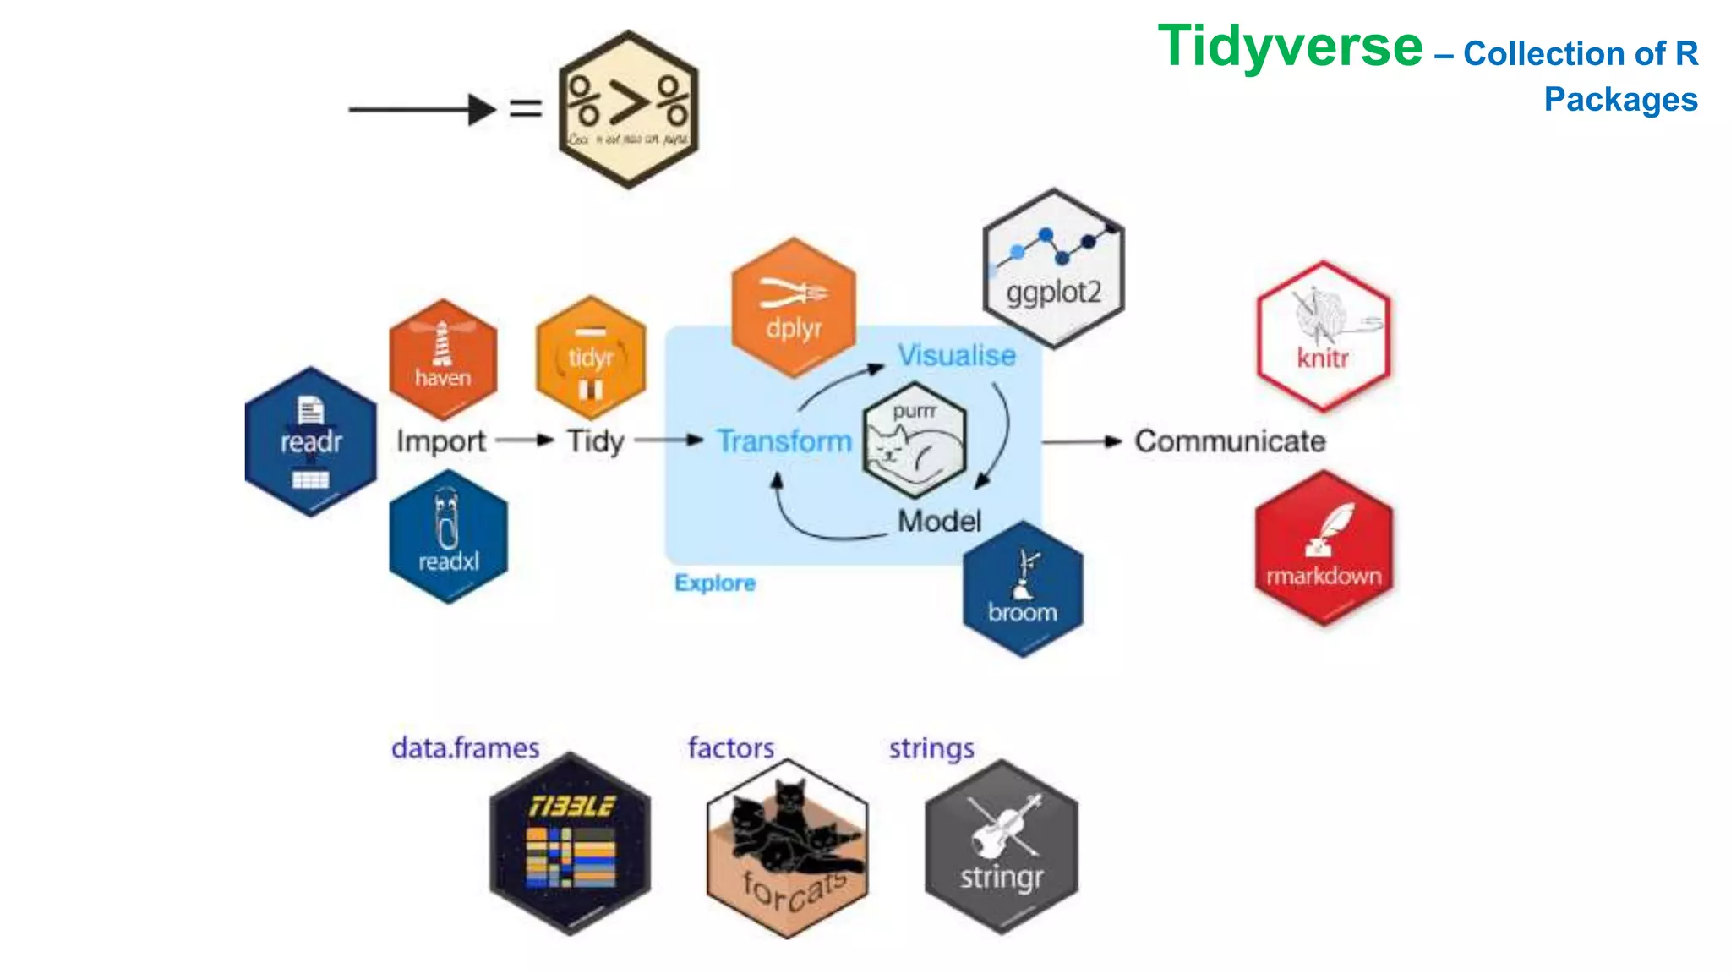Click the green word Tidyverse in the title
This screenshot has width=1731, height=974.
(1290, 47)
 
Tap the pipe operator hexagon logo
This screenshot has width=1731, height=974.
(628, 110)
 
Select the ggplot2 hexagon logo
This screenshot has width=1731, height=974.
(1053, 268)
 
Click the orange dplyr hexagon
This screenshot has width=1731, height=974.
(793, 308)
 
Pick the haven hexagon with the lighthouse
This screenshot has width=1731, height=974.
(442, 359)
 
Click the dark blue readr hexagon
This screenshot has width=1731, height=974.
(310, 442)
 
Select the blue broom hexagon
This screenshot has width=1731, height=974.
(1023, 589)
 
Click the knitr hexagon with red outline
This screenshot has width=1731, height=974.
(1323, 337)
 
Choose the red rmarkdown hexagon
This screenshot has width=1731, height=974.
(1324, 549)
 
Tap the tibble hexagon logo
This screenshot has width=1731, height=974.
(571, 844)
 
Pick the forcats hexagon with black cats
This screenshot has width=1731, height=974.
(787, 848)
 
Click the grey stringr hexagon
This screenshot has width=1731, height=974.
(1002, 846)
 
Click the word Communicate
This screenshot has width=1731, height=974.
(1230, 441)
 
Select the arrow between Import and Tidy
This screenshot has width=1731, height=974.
(525, 440)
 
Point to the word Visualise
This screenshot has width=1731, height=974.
(956, 356)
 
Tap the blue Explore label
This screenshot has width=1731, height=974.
(715, 583)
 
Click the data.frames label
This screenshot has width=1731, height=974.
(465, 748)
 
